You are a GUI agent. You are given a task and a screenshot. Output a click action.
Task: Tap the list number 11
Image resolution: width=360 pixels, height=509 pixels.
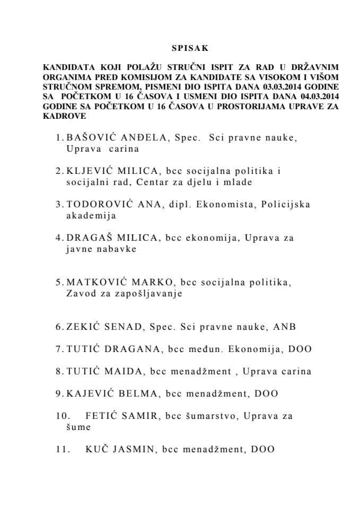[63, 450]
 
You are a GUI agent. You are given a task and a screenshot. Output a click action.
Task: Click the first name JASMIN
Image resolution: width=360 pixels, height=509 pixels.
[134, 450]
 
